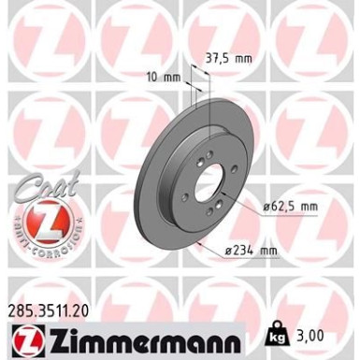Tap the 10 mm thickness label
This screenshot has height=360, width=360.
[165, 76]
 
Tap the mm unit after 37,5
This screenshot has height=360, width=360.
[246, 57]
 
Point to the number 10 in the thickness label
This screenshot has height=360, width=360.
[154, 76]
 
